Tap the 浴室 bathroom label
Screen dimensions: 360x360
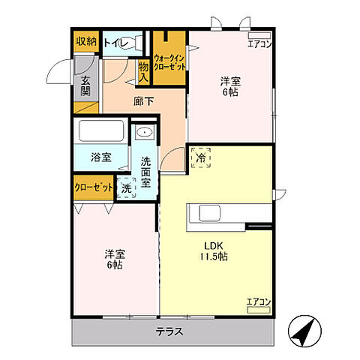pyautogui.click(x=100, y=157)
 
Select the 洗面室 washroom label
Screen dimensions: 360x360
pyautogui.click(x=146, y=171)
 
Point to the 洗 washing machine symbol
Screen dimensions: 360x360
pyautogui.click(x=127, y=188)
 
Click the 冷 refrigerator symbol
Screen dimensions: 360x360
pyautogui.click(x=201, y=158)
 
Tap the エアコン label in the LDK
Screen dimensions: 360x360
pyautogui.click(x=257, y=302)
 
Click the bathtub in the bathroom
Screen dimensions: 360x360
pyautogui.click(x=103, y=132)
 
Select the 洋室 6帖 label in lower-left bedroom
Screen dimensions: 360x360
pyautogui.click(x=115, y=259)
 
